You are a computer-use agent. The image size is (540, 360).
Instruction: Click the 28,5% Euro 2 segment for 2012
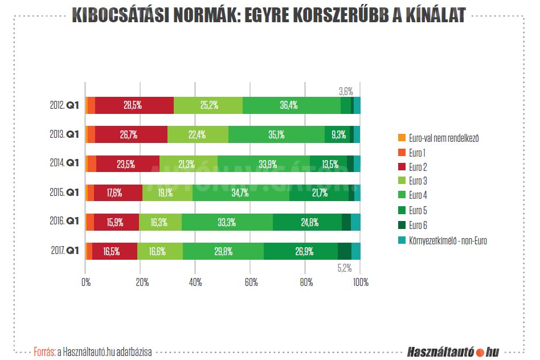point(134,105)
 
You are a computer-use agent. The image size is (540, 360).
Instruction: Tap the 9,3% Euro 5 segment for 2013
point(337,134)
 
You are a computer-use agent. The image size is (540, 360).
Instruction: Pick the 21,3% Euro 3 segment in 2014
point(188,164)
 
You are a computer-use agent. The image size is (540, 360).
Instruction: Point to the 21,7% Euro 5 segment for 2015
point(319,193)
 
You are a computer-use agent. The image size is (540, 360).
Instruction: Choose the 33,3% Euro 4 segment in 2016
point(227,222)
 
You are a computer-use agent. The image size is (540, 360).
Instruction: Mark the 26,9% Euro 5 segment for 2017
point(300,251)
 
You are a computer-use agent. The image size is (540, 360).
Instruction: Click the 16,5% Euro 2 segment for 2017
point(114,251)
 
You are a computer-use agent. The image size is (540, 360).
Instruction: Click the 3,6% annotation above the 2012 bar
point(346,91)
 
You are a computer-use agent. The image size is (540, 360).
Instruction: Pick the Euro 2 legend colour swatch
point(402,167)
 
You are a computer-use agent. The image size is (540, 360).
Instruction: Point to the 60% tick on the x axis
point(251,282)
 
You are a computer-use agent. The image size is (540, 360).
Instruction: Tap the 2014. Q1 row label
point(63,163)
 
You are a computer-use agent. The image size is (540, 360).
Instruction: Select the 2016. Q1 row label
point(63,222)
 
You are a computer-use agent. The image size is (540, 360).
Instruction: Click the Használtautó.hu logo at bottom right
point(453,352)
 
